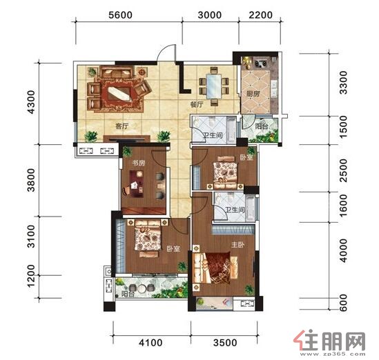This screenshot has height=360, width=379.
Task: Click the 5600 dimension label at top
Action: click(120, 15)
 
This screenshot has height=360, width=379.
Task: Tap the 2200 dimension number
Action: click(260, 15)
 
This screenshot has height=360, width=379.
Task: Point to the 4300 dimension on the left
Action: click(32, 102)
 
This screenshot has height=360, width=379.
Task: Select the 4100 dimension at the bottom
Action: click(150, 343)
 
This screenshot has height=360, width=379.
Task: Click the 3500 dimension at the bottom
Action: click(225, 343)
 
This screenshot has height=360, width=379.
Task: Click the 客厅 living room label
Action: click(122, 126)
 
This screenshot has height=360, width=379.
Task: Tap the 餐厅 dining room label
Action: click(197, 105)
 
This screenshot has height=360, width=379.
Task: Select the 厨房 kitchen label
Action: click(253, 94)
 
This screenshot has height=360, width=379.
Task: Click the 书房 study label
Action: click(139, 163)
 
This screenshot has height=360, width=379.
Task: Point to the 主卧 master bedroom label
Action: click(238, 245)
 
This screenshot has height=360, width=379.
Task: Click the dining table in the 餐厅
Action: click(214, 86)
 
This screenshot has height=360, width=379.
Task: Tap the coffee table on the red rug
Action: click(120, 94)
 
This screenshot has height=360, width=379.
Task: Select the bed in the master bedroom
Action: click(214, 268)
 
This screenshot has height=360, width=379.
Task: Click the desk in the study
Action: click(136, 184)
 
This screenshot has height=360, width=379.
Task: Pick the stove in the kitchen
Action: click(260, 63)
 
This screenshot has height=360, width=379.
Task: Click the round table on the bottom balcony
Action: click(141, 288)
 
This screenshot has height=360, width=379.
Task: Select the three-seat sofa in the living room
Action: click(117, 72)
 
